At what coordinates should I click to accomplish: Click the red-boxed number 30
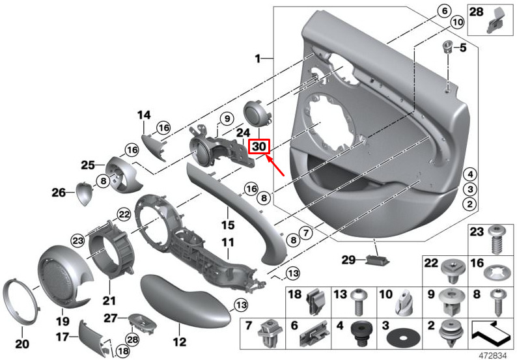259,146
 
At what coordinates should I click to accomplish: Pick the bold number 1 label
258,59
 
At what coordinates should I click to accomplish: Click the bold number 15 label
227,225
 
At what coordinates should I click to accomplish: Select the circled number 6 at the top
444,11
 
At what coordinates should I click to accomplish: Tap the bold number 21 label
109,301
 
